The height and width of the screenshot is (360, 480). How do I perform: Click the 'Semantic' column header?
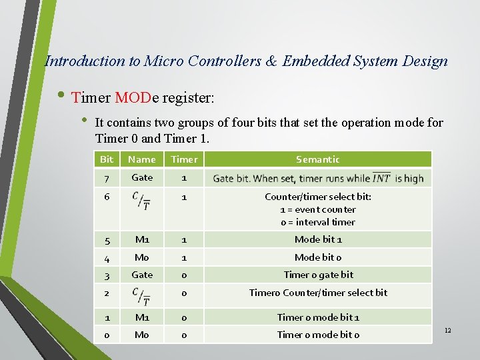coord(318,159)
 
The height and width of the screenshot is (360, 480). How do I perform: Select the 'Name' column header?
coord(141,159)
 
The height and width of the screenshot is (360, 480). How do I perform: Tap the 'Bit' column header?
coord(107,159)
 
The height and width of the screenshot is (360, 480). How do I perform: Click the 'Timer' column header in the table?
coord(184,159)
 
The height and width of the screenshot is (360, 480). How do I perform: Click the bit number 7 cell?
coord(107,178)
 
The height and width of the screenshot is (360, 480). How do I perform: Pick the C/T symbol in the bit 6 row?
coord(141,201)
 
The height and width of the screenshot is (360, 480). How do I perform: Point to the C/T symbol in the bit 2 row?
coord(141,297)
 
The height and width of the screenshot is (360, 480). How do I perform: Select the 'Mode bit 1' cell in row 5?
coord(318,239)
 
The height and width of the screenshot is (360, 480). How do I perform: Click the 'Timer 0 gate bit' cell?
coord(318,275)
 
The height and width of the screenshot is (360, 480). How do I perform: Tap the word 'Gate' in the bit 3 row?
coord(142,275)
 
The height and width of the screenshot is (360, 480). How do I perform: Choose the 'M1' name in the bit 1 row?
coord(142,317)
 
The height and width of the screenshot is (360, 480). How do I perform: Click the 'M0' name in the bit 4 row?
coord(142,257)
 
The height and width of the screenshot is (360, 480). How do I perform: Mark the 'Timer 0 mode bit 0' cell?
coord(318,335)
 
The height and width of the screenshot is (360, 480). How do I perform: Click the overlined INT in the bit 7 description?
coord(381,178)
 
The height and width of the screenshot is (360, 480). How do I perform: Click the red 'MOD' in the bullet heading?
coord(133,98)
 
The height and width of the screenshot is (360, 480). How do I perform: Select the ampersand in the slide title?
coord(271,61)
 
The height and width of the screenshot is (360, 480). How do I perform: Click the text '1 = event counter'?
coord(318,209)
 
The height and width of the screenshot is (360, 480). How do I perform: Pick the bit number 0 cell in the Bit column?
coord(107,335)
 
